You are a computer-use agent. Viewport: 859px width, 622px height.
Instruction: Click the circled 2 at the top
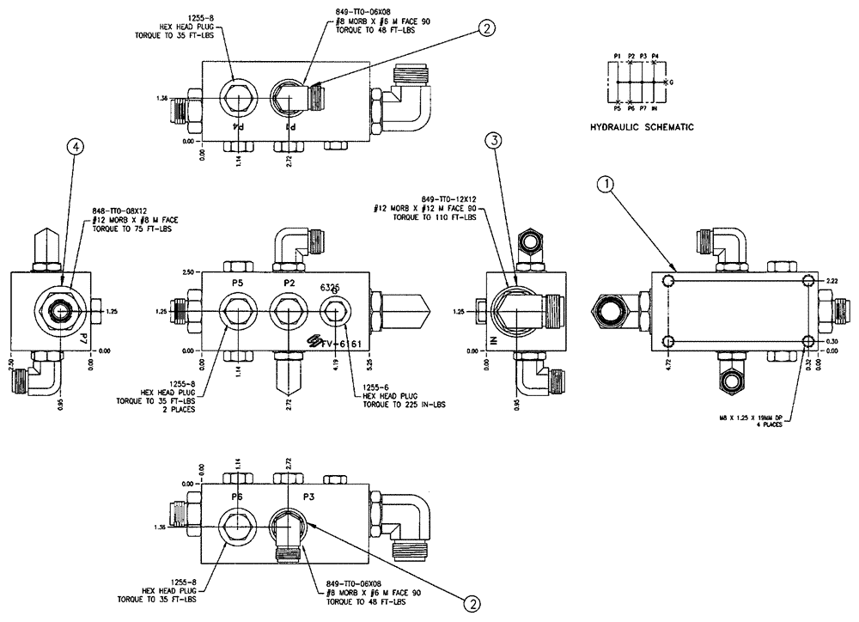[486, 30]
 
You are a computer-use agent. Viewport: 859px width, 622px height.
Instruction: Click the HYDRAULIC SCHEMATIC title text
[642, 127]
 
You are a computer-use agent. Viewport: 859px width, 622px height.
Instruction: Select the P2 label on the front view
[289, 282]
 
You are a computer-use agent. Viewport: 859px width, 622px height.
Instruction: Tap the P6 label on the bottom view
[237, 497]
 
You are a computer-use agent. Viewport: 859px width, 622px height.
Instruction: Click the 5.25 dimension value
[371, 297]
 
